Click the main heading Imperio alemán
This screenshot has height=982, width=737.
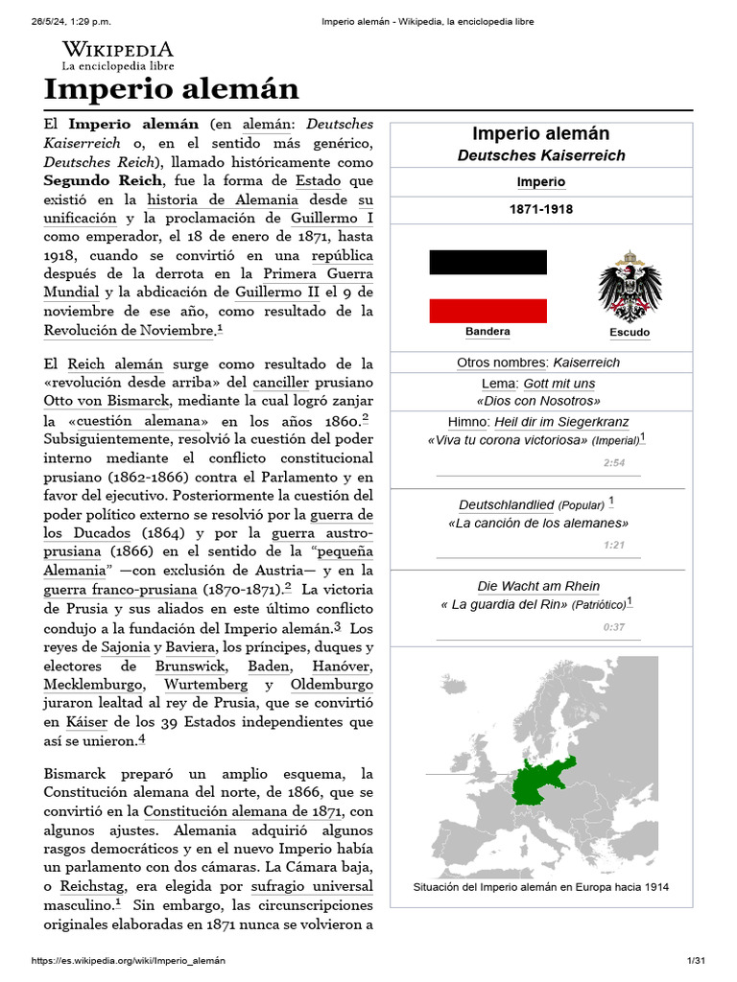pos(171,89)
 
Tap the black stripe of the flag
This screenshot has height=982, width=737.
pos(487,262)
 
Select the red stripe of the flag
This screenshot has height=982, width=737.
pos(487,311)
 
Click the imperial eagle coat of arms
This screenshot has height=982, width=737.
pos(630,287)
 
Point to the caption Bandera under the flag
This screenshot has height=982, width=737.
pos(487,332)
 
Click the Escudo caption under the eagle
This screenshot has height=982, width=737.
pos(630,333)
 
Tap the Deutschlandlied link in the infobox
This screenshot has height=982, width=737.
pos(506,504)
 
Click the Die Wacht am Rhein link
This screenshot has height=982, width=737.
pos(538,586)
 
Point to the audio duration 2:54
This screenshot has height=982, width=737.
pos(614,462)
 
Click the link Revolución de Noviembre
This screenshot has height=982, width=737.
pos(129,330)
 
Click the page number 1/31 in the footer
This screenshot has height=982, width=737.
pos(696,960)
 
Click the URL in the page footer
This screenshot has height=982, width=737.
pos(130,960)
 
